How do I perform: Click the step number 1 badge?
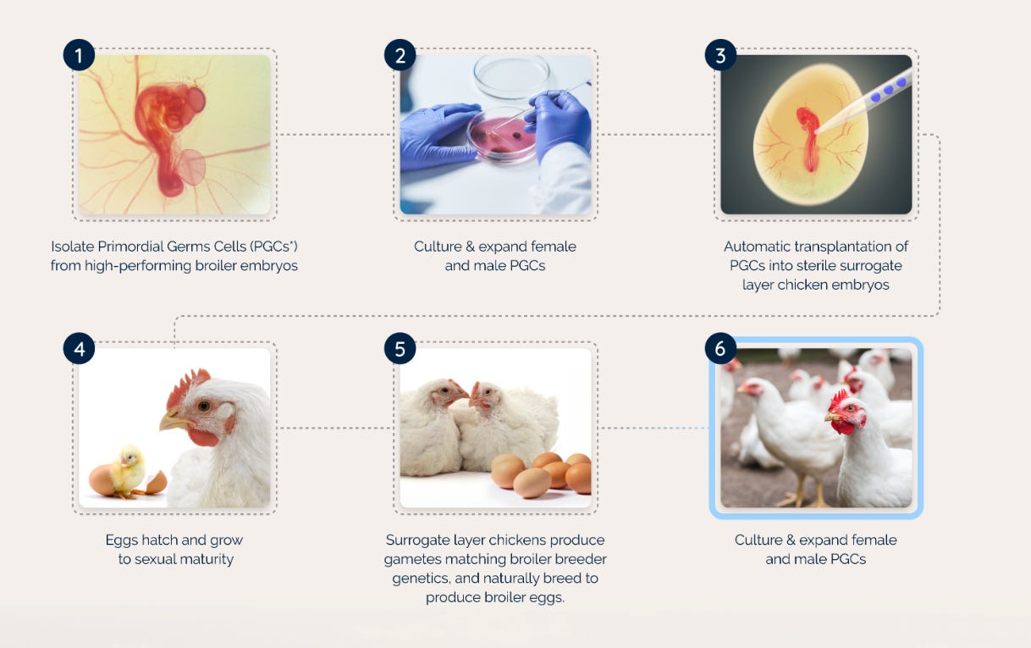[x=79, y=55]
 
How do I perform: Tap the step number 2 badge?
[x=400, y=55]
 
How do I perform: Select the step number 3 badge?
[x=720, y=55]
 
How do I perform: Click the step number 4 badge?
[x=79, y=349]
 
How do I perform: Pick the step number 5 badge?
[x=400, y=349]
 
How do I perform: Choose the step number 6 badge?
[x=720, y=349]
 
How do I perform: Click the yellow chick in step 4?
[x=129, y=471]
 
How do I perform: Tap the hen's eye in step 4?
[x=203, y=406]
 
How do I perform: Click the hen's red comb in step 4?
[x=186, y=386]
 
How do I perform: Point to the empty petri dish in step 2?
[x=511, y=76]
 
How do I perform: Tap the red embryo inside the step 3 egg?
[x=808, y=139]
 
